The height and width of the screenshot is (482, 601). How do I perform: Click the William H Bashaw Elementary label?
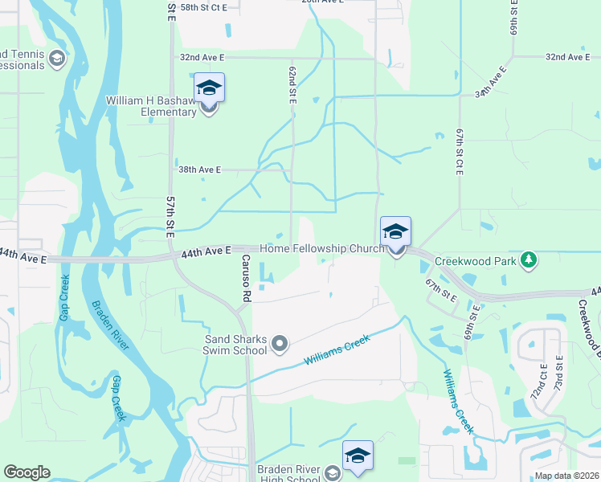click(152, 106)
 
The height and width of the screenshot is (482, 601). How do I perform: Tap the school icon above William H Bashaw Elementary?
click(209, 88)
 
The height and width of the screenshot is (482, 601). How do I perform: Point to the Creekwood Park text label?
click(474, 261)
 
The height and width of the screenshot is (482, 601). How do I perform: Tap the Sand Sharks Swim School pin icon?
click(280, 345)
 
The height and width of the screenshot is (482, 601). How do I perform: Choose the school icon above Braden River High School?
click(358, 455)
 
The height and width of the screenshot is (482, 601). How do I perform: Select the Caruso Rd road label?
click(245, 278)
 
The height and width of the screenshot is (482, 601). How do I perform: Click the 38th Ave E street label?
click(199, 170)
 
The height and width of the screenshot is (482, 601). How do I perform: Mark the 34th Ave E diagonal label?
click(492, 82)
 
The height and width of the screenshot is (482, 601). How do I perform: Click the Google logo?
click(27, 472)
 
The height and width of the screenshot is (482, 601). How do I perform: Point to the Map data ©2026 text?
click(566, 476)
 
